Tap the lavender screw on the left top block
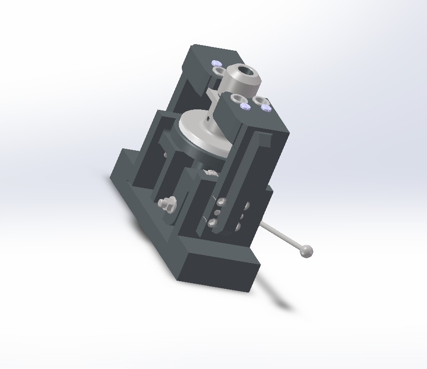click(x=216, y=63)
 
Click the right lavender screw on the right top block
click(x=266, y=108)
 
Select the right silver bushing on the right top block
click(x=259, y=100)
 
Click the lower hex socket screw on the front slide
click(x=212, y=223)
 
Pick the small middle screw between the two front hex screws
click(x=217, y=213)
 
